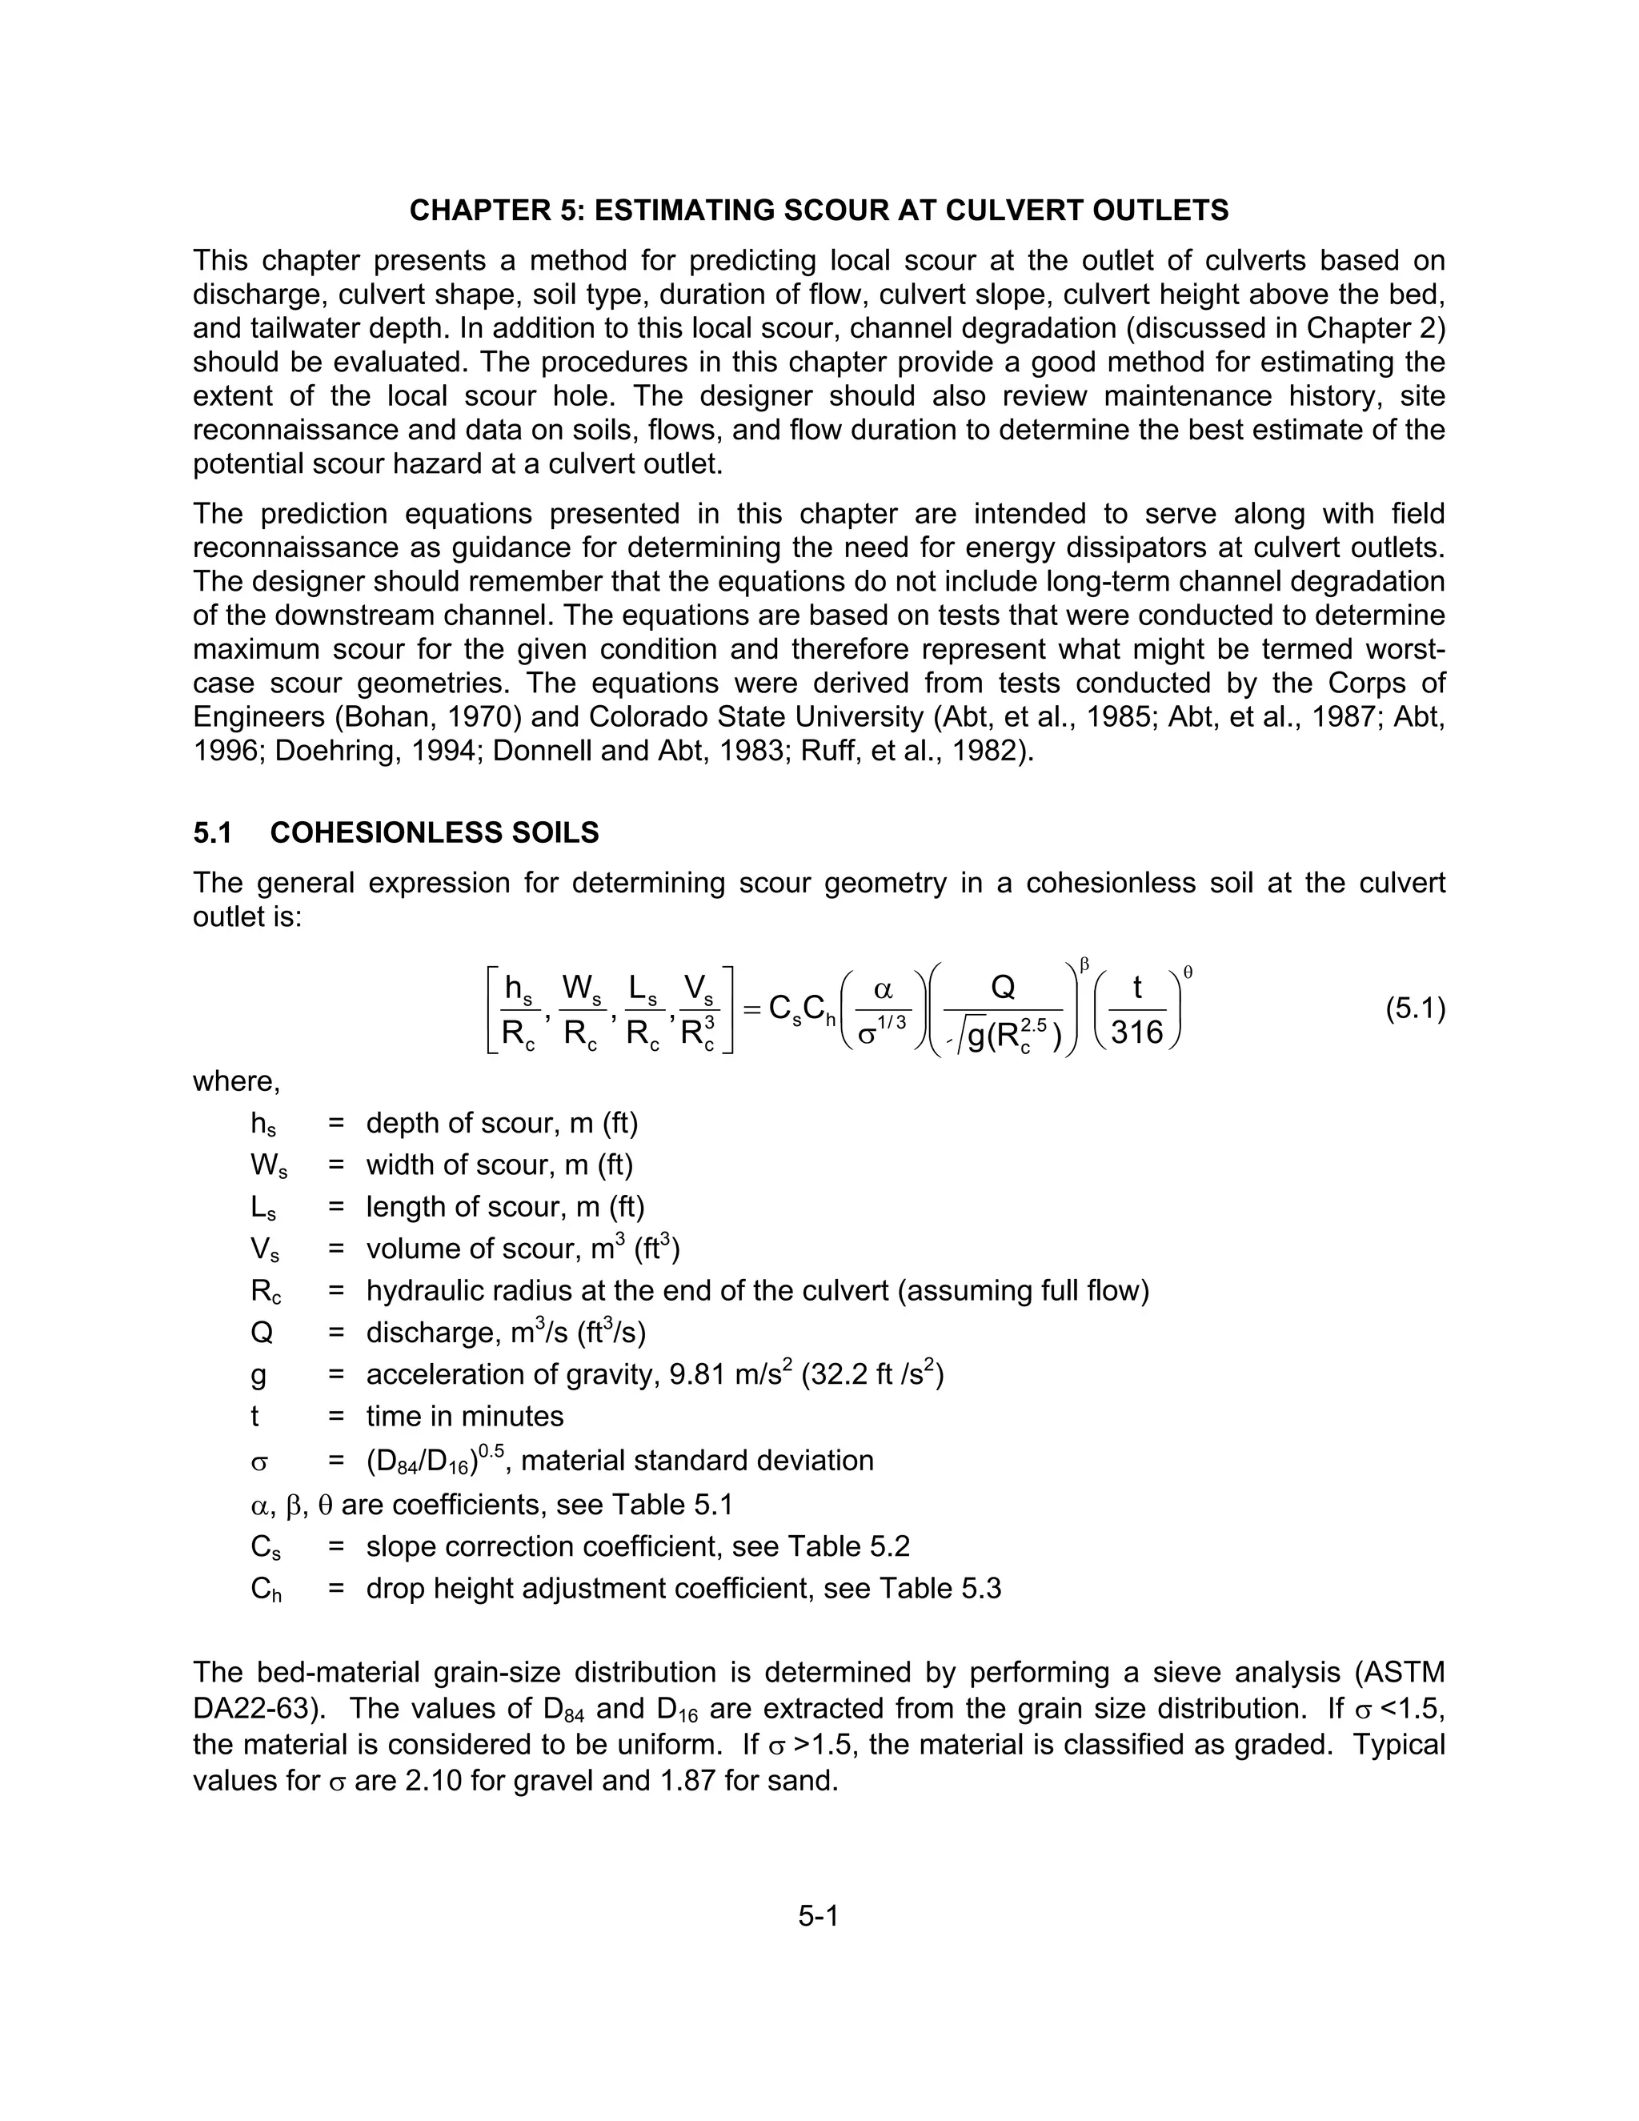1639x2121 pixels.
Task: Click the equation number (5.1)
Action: click(x=1415, y=1010)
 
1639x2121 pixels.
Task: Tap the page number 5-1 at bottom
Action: click(x=819, y=1916)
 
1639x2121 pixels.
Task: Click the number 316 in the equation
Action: click(x=1137, y=1032)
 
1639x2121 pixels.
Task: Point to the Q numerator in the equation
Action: click(x=1003, y=988)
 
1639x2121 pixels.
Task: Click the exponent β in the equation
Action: click(x=1084, y=964)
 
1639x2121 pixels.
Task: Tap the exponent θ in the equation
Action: click(x=1188, y=971)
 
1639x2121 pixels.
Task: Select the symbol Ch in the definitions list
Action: click(x=265, y=1590)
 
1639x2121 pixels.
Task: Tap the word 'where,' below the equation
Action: click(x=236, y=1081)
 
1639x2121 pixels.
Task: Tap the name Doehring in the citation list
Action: click(x=329, y=751)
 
